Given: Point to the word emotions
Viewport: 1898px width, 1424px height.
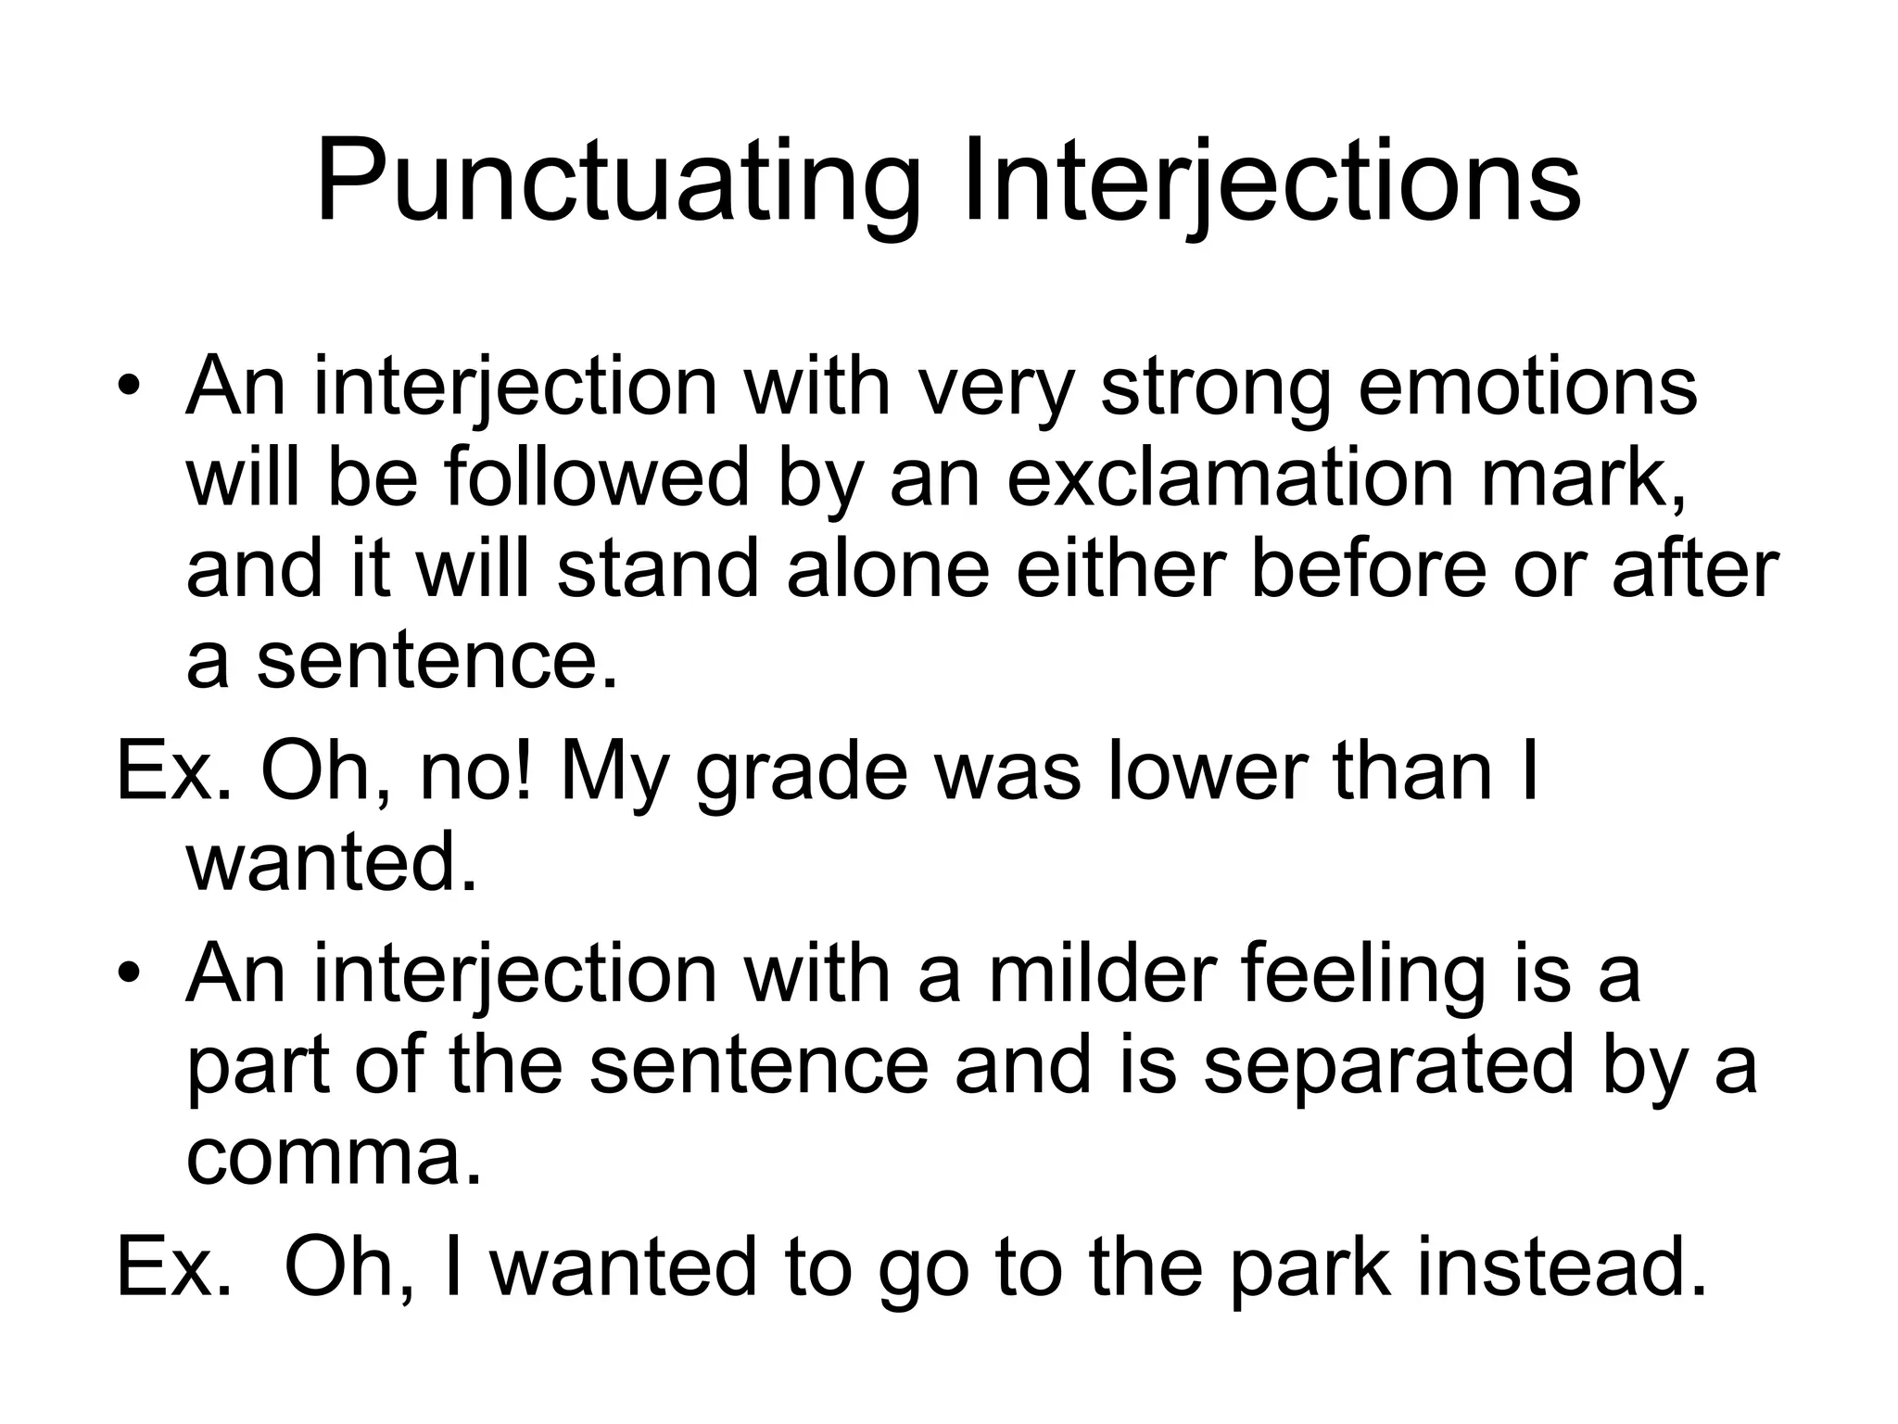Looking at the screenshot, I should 1527,388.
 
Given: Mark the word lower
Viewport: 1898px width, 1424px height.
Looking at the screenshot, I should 1206,772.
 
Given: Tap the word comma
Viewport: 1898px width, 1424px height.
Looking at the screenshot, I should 334,1159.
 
